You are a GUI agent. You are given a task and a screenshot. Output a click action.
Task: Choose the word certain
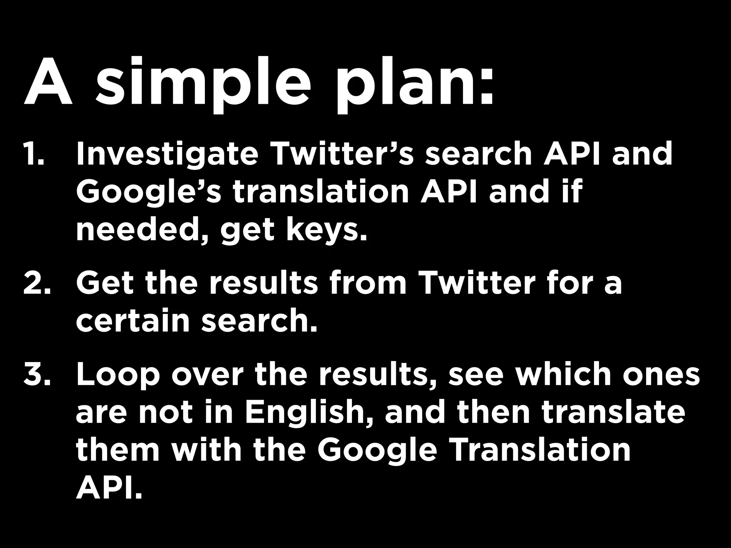pyautogui.click(x=132, y=321)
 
